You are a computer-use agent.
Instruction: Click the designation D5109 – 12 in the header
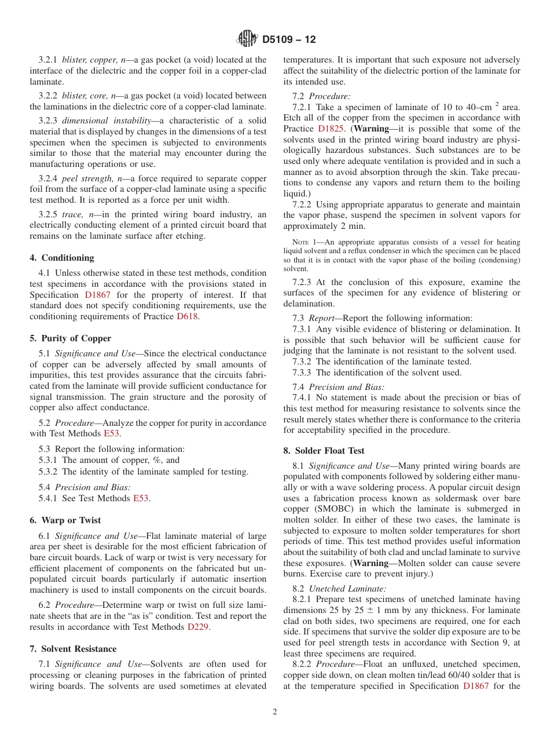pyautogui.click(x=289, y=40)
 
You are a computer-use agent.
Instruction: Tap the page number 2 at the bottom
pyautogui.click(x=275, y=712)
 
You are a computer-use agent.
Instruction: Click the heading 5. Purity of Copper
pyautogui.click(x=70, y=338)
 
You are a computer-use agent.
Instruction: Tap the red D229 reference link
pyautogui.click(x=197, y=627)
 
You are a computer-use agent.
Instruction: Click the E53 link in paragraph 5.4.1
pyautogui.click(x=141, y=498)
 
